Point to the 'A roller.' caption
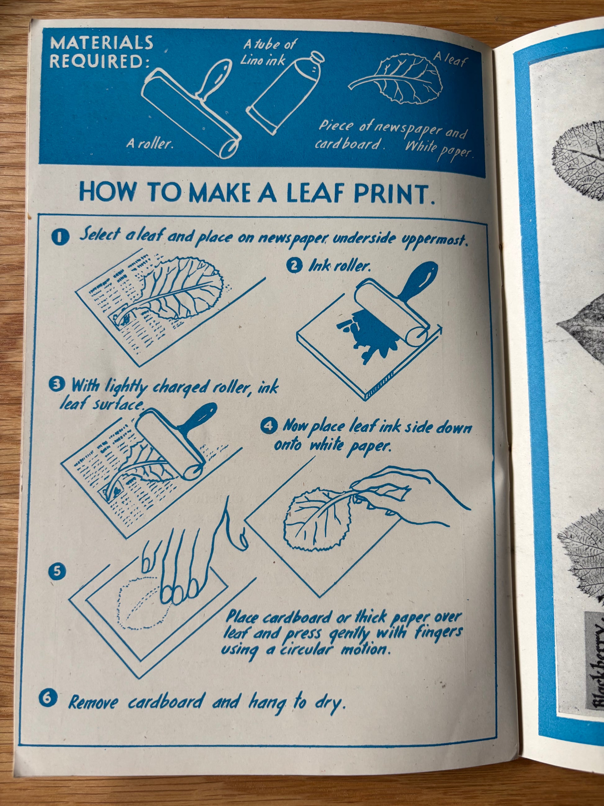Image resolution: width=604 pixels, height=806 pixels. pos(150,144)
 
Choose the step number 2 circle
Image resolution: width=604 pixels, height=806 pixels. pos(294,266)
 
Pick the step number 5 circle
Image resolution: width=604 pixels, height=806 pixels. pos(57,571)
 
